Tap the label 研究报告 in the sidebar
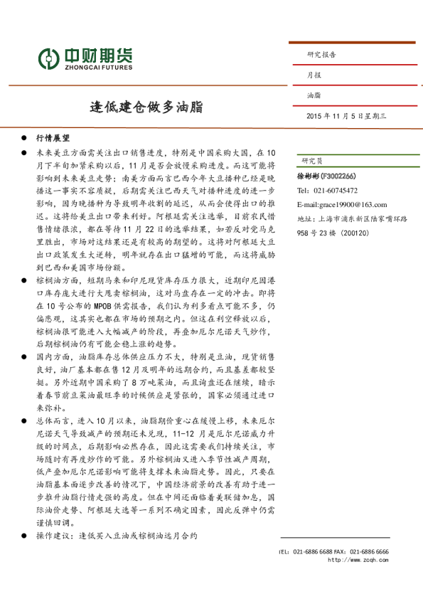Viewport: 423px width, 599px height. [x=321, y=54]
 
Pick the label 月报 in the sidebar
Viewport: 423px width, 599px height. [x=314, y=74]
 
